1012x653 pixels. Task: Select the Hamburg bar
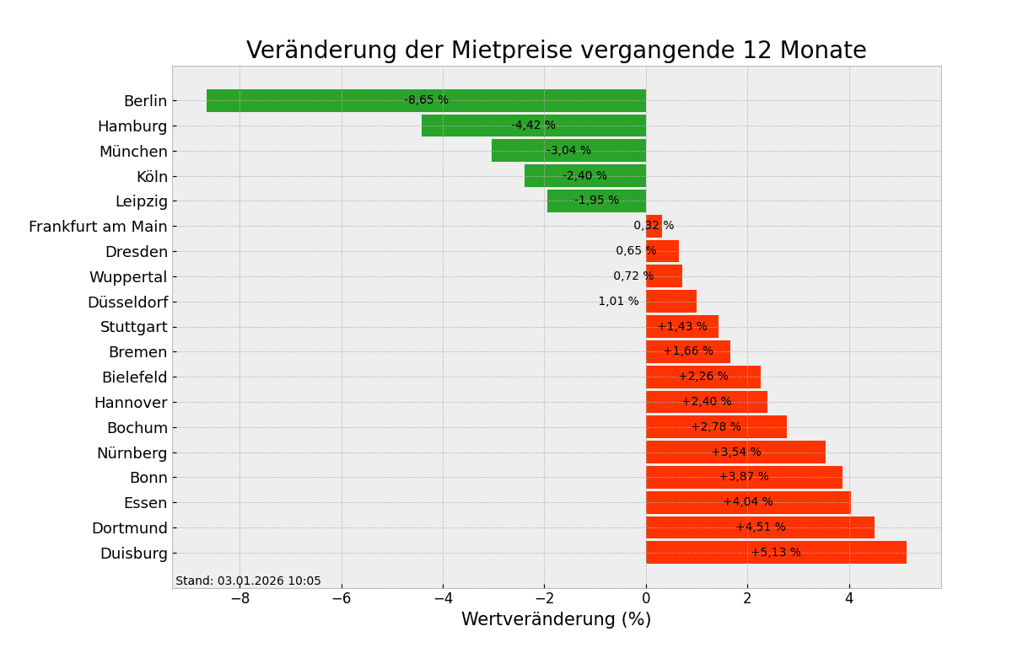[472, 126]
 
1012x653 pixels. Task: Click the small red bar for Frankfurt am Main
[654, 226]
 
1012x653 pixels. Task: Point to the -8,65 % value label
[426, 100]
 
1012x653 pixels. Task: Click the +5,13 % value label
[776, 553]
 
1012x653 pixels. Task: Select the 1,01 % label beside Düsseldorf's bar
[618, 302]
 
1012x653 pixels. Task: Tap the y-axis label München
[133, 152]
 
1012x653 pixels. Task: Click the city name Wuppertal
[128, 277]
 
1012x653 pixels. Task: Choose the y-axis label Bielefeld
[135, 377]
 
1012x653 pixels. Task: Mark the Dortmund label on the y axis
[130, 528]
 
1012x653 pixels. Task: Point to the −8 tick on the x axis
[240, 599]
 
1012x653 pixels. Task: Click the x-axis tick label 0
[646, 599]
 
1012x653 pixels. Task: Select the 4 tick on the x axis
[849, 599]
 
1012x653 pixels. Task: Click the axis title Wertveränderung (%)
[556, 620]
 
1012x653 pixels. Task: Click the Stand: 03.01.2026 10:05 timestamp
[248, 581]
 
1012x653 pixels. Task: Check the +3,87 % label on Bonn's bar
[744, 477]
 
